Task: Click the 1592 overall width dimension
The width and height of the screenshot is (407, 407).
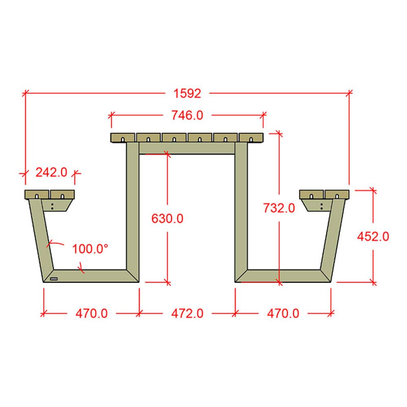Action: (x=187, y=94)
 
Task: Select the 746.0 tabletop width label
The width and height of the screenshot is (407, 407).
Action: (x=187, y=115)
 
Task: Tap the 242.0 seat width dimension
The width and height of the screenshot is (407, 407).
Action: (x=51, y=172)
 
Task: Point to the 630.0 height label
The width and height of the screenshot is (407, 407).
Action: (x=167, y=219)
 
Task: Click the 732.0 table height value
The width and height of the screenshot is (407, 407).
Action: (x=279, y=208)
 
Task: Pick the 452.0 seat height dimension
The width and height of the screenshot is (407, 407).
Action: (x=373, y=236)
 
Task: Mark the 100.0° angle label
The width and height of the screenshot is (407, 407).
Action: (x=90, y=249)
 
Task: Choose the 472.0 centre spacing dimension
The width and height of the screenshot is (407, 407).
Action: (x=187, y=313)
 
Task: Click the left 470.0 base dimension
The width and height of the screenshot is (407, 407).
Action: (x=91, y=313)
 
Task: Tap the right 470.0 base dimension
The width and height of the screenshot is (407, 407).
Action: (x=283, y=313)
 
